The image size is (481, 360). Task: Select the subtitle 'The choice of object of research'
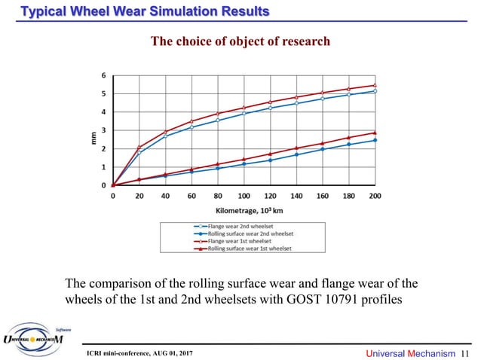tap(240, 41)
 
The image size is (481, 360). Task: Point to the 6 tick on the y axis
tap(103, 76)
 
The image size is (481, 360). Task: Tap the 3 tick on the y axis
tap(103, 130)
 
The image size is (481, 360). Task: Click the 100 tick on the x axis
tap(244, 195)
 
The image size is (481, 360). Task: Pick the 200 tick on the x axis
tap(375, 195)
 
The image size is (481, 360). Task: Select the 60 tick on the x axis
tap(191, 195)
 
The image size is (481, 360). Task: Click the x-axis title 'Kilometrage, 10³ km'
tap(244, 210)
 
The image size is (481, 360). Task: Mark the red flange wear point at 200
tap(375, 86)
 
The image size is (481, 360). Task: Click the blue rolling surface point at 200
tap(375, 140)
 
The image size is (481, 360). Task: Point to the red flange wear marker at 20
tap(139, 147)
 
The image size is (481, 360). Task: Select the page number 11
tap(464, 352)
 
